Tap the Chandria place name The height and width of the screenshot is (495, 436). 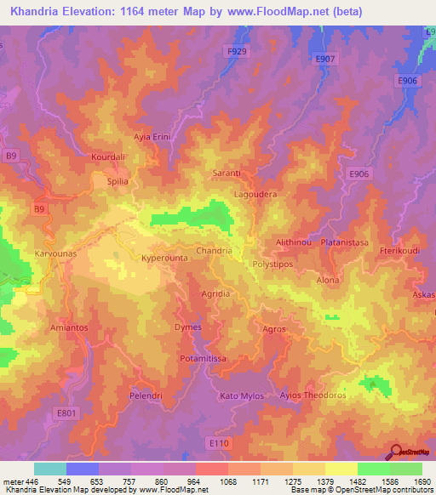coord(215,251)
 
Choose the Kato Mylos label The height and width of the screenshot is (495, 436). coord(241,396)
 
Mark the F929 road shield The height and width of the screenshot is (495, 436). coord(238,52)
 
